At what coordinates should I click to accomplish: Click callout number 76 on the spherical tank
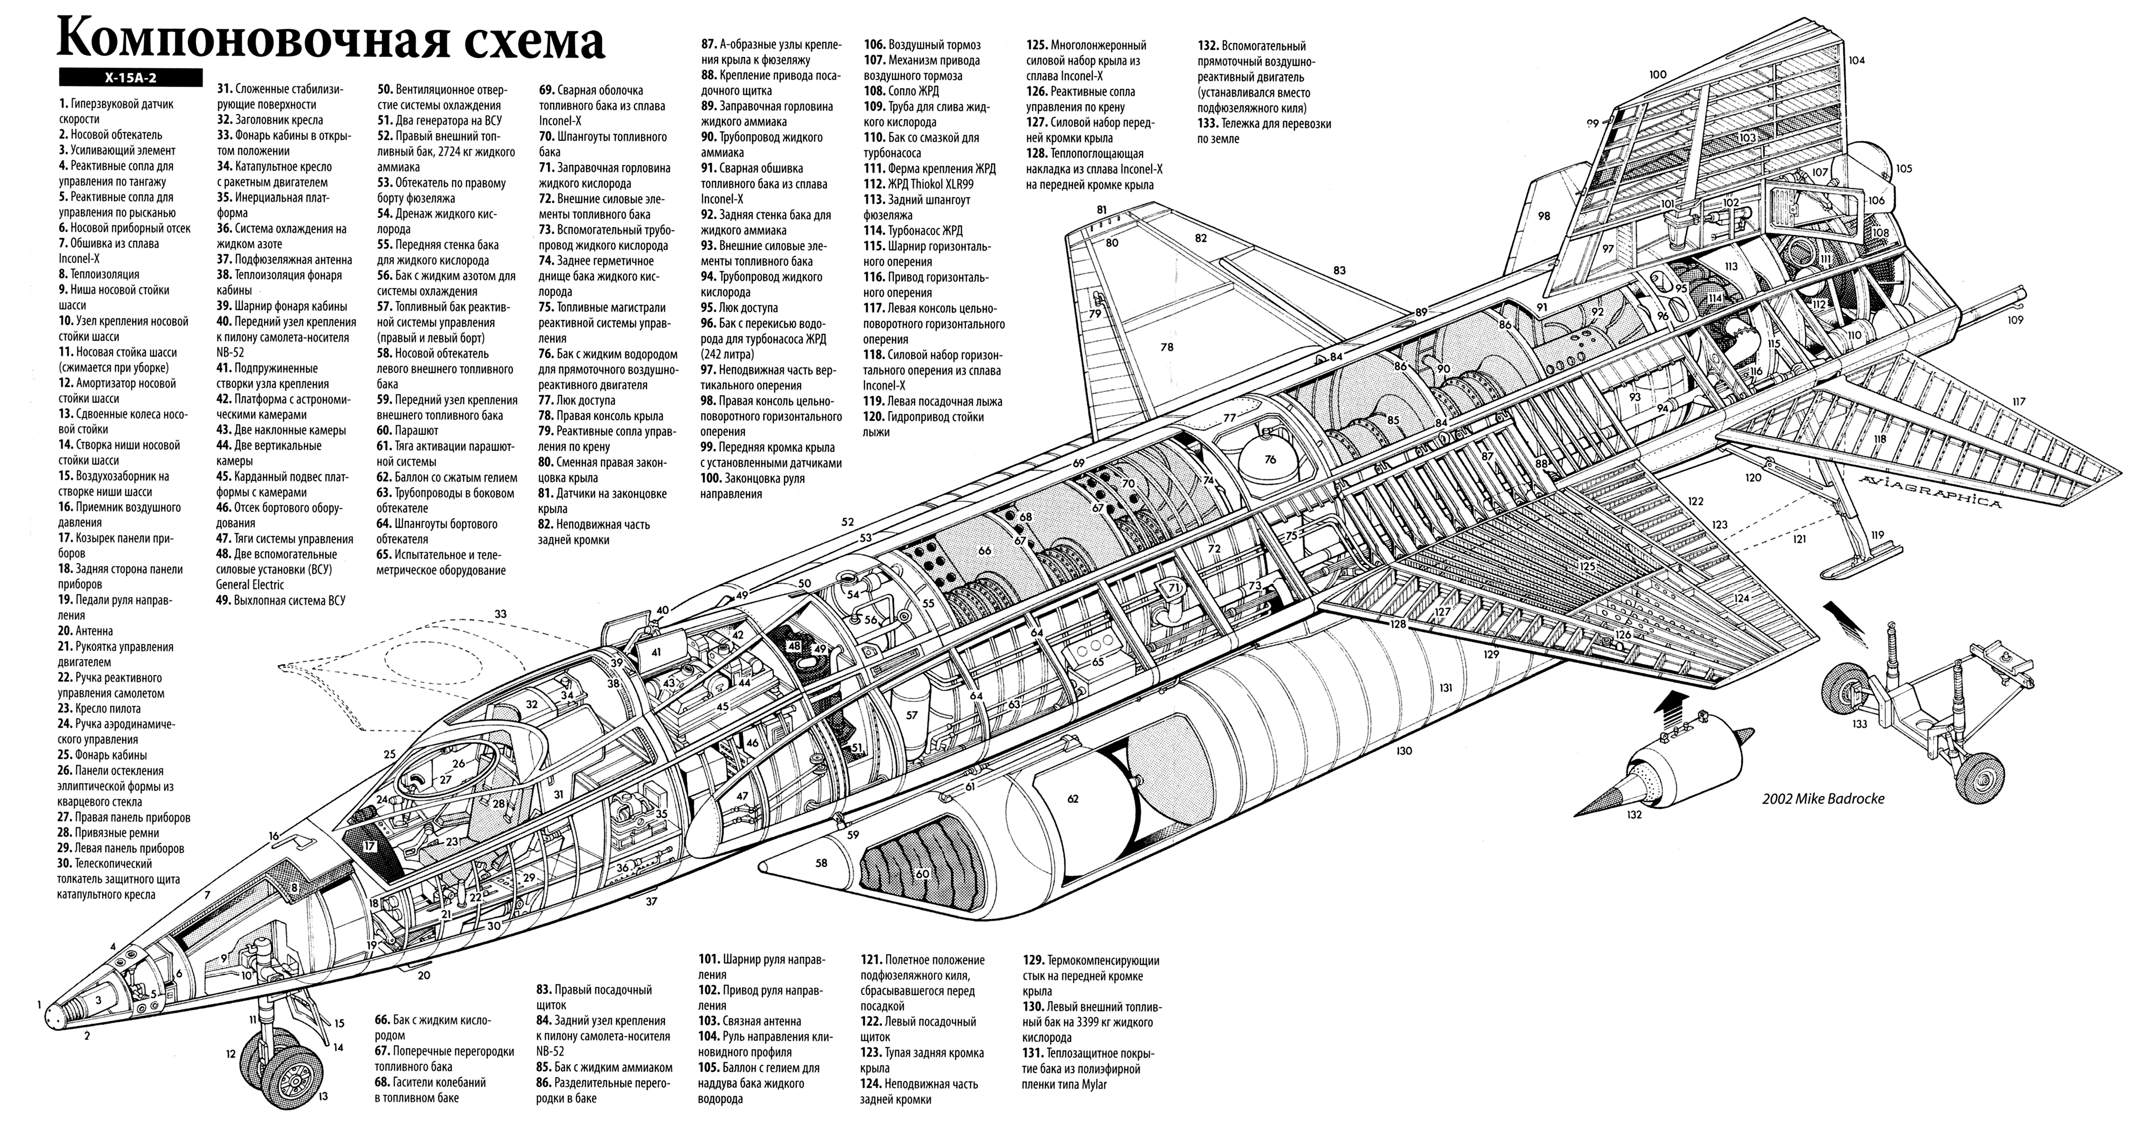1269,459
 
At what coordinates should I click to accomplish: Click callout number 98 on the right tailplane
1543,216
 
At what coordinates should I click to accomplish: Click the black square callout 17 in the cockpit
370,846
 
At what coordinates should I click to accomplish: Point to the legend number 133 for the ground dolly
1208,123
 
